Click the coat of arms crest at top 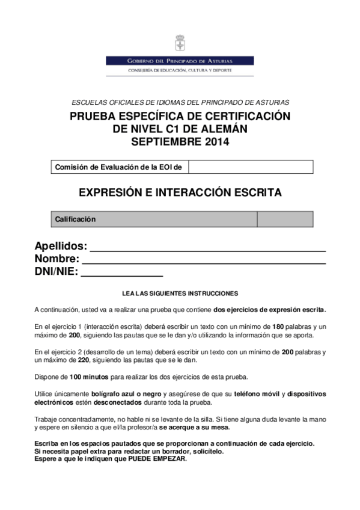(x=180, y=44)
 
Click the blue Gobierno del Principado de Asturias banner (x=180, y=61)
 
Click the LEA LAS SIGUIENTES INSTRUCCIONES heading (x=180, y=293)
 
